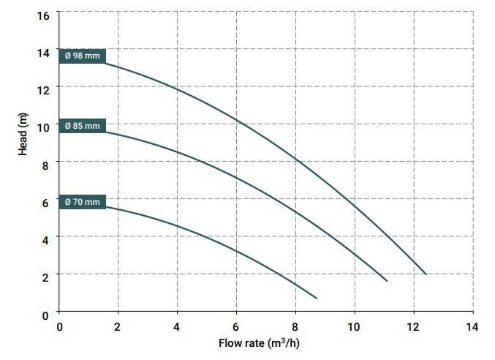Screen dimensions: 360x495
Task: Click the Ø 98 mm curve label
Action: (x=83, y=56)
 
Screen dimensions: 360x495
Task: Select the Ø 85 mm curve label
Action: (x=83, y=126)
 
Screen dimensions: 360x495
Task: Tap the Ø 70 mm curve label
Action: (x=83, y=201)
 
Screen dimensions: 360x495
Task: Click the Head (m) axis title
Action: (x=23, y=130)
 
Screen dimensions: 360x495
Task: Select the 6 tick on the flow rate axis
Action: (x=236, y=326)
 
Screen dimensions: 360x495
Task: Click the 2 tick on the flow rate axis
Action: (x=118, y=326)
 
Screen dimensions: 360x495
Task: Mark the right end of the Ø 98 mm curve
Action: (x=426, y=274)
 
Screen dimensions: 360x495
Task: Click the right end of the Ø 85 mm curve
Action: (x=387, y=281)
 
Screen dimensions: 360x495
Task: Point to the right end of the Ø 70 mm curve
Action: (x=317, y=298)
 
